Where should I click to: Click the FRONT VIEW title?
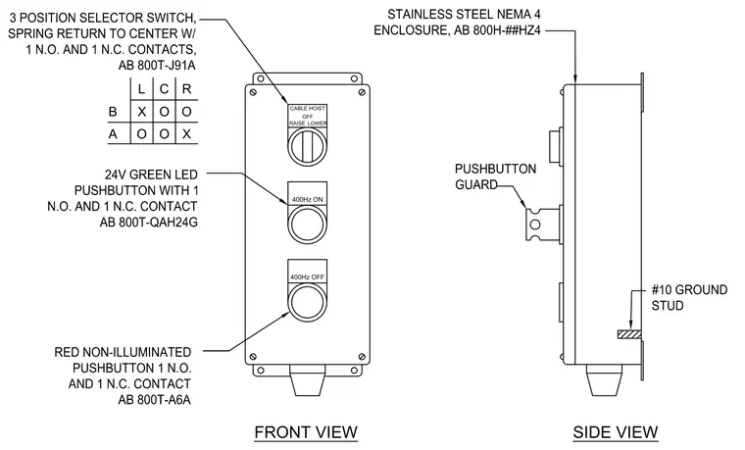pyautogui.click(x=306, y=432)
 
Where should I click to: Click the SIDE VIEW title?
pyautogui.click(x=616, y=432)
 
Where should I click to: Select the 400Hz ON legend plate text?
pyautogui.click(x=308, y=200)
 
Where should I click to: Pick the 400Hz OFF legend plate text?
pyautogui.click(x=308, y=277)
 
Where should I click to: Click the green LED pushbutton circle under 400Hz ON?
pyautogui.click(x=308, y=225)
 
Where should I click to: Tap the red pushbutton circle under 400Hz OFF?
pyautogui.click(x=308, y=302)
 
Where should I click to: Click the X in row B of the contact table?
pyautogui.click(x=141, y=112)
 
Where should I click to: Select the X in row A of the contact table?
pyautogui.click(x=186, y=134)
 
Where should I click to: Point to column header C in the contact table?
pyautogui.click(x=164, y=89)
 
